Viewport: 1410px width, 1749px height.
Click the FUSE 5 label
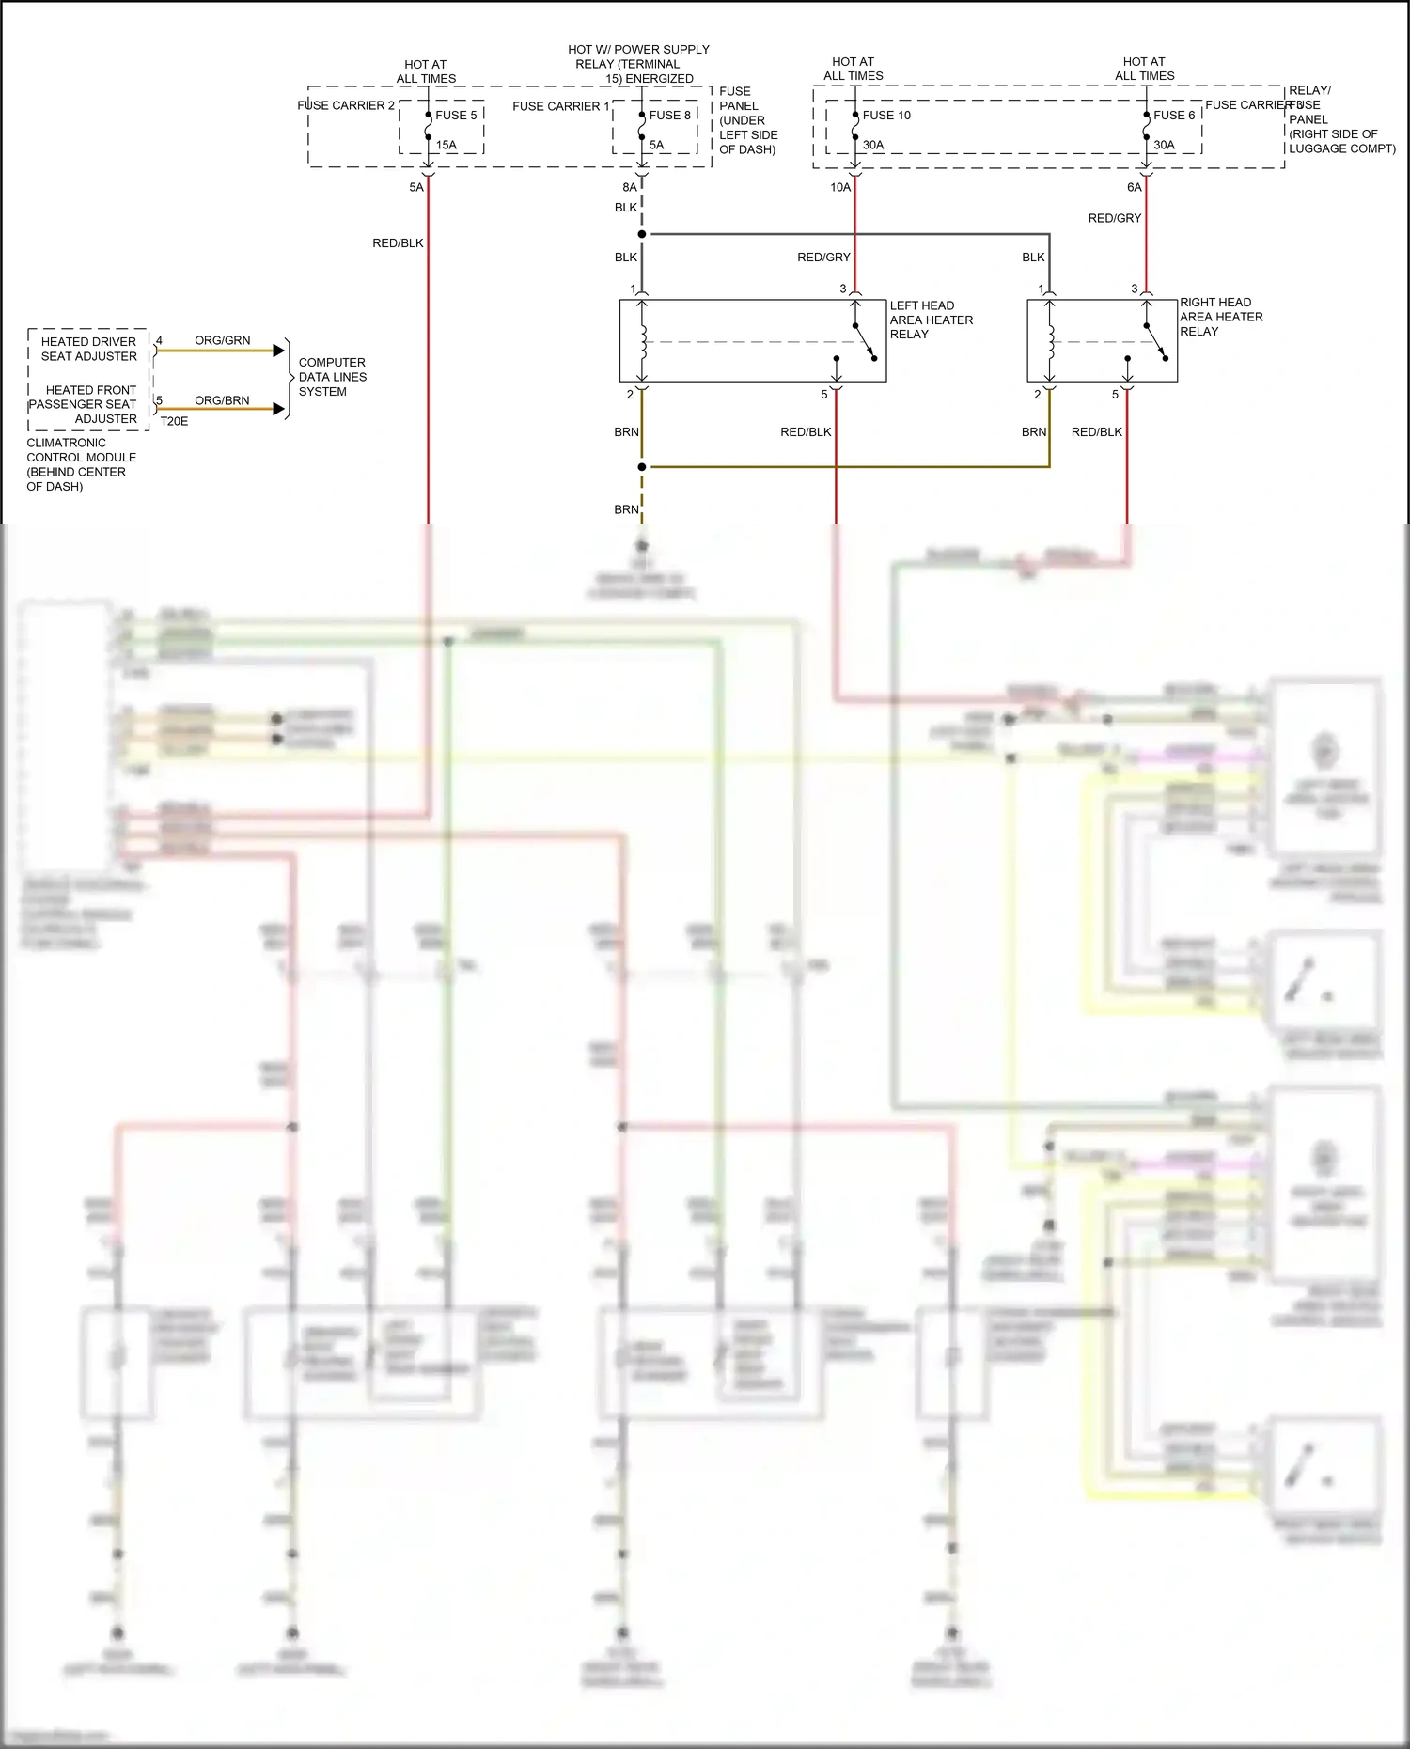coord(456,116)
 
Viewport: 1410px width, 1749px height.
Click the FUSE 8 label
coord(669,116)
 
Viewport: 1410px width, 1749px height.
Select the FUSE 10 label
coord(886,116)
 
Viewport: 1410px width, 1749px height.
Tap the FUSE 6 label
coord(1174,116)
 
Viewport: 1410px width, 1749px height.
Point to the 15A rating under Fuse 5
coord(446,146)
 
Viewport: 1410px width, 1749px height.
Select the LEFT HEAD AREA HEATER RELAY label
coord(931,320)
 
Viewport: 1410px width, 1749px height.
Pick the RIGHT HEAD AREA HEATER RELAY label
coord(1220,317)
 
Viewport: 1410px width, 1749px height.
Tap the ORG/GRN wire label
coord(223,340)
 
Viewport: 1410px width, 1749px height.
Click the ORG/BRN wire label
coord(222,400)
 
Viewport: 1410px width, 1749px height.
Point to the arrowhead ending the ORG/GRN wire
coord(279,351)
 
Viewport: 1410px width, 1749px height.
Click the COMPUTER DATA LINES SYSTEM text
coord(332,377)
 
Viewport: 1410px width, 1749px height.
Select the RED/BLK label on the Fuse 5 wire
coord(398,243)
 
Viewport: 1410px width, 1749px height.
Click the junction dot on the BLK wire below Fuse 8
coord(642,234)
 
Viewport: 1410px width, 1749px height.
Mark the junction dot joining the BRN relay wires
coord(642,467)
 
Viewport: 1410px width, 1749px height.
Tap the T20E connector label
coord(174,422)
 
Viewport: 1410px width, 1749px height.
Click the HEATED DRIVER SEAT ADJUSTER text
coord(89,349)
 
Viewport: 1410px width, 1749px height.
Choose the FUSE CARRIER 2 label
coord(345,106)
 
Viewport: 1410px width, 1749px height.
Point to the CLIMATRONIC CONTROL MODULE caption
coord(81,464)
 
